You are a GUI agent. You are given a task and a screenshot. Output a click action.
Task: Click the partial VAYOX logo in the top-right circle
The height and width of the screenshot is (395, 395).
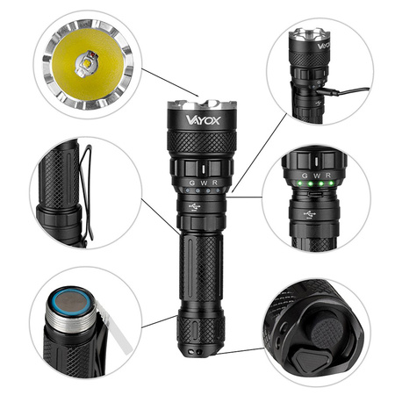pos(323,41)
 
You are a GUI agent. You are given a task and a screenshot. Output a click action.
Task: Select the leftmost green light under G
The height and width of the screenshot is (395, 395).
pos(298,187)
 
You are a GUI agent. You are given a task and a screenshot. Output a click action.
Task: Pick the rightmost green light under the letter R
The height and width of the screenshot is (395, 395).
pos(328,187)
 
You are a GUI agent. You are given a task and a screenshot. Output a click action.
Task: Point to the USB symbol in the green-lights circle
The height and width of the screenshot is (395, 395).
pos(311,214)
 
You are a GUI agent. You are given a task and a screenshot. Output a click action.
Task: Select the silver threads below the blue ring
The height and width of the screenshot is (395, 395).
pos(70,329)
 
